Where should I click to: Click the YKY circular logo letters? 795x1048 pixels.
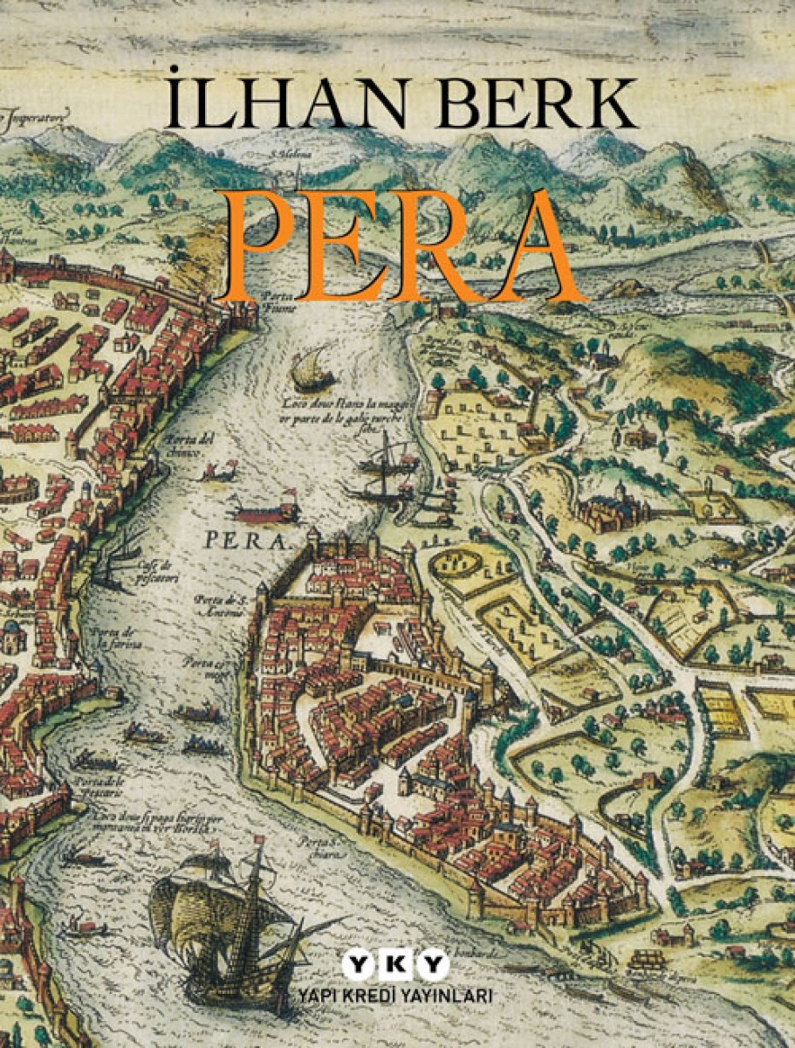pyautogui.click(x=395, y=967)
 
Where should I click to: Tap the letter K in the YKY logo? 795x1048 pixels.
pyautogui.click(x=395, y=967)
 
